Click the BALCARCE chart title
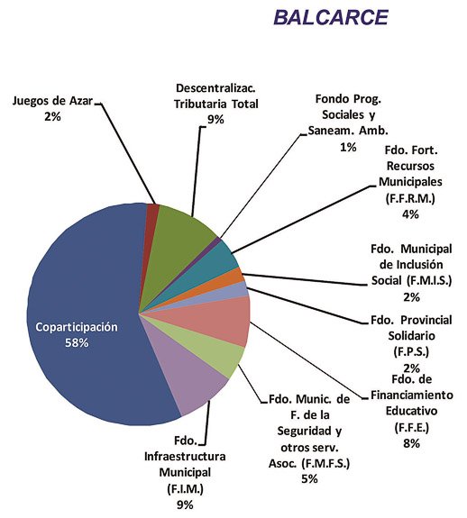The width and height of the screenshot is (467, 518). [331, 17]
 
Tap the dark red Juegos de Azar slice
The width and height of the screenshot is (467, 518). [152, 210]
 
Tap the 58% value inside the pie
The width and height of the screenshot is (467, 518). [77, 343]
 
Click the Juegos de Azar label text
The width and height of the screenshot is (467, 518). [52, 100]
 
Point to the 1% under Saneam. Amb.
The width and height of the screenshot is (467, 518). [348, 147]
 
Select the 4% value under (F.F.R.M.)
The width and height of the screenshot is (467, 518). [410, 214]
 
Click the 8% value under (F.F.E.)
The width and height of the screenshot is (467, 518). [411, 443]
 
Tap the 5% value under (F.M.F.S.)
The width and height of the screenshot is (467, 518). [309, 478]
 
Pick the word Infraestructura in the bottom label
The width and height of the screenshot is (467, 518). [185, 457]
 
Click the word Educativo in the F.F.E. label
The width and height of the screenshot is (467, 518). [411, 411]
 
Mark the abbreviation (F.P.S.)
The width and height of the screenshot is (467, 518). [411, 351]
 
